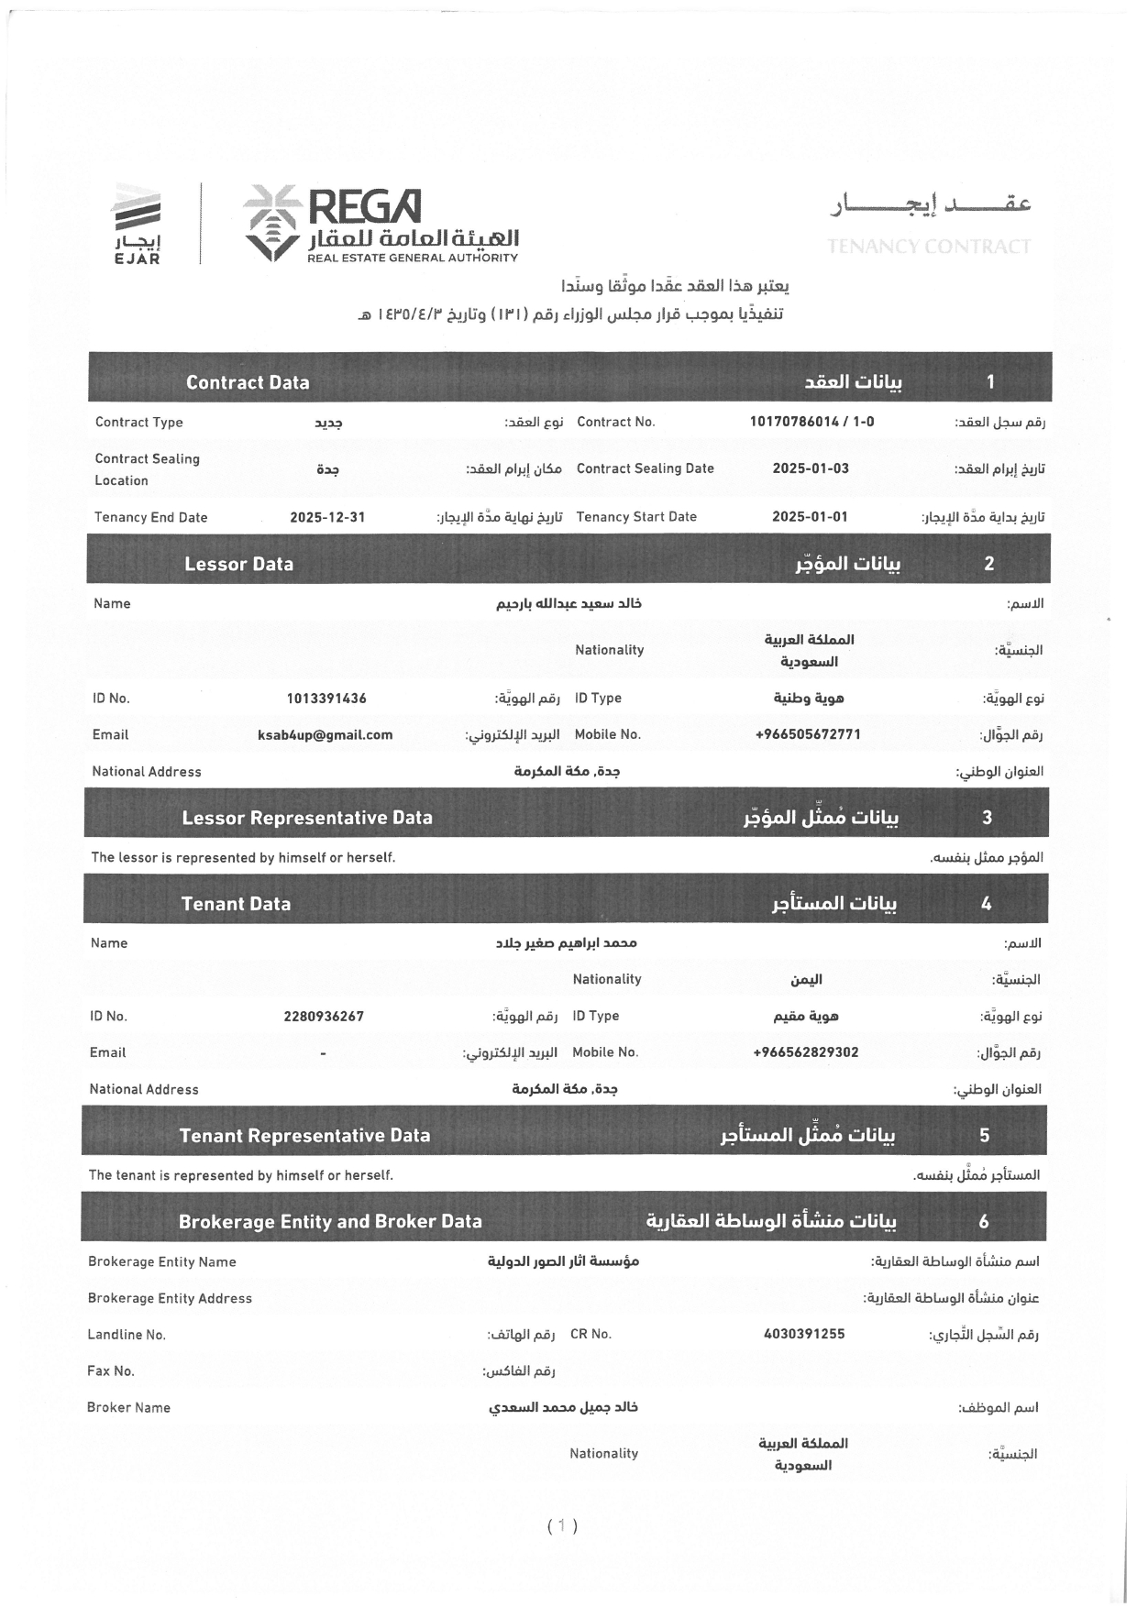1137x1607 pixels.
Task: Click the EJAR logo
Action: pos(137,225)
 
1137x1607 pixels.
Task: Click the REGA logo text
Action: pos(364,207)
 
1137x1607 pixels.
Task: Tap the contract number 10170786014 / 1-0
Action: pos(811,422)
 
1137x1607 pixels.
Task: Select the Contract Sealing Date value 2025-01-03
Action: pos(811,468)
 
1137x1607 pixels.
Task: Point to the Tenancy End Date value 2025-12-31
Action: pos(327,517)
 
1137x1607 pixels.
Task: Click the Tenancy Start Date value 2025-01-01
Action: pos(810,517)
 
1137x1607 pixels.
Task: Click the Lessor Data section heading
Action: pos(238,564)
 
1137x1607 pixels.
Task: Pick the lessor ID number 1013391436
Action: pos(326,699)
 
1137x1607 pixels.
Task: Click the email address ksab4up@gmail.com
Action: pos(326,735)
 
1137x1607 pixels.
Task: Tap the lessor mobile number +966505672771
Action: pos(808,735)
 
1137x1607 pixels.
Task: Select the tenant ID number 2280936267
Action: pos(324,1017)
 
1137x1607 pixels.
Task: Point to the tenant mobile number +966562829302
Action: pos(805,1052)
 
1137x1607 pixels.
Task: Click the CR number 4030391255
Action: pos(803,1335)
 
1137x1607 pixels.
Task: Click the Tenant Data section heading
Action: pos(236,904)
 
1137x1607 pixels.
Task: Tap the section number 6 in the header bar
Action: pos(984,1222)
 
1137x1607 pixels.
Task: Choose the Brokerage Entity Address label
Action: pos(170,1298)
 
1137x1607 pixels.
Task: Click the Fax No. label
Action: pos(111,1371)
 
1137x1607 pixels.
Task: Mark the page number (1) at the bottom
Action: pos(562,1526)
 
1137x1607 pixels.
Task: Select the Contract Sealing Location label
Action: pos(147,469)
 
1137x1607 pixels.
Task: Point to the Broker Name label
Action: pos(128,1408)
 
